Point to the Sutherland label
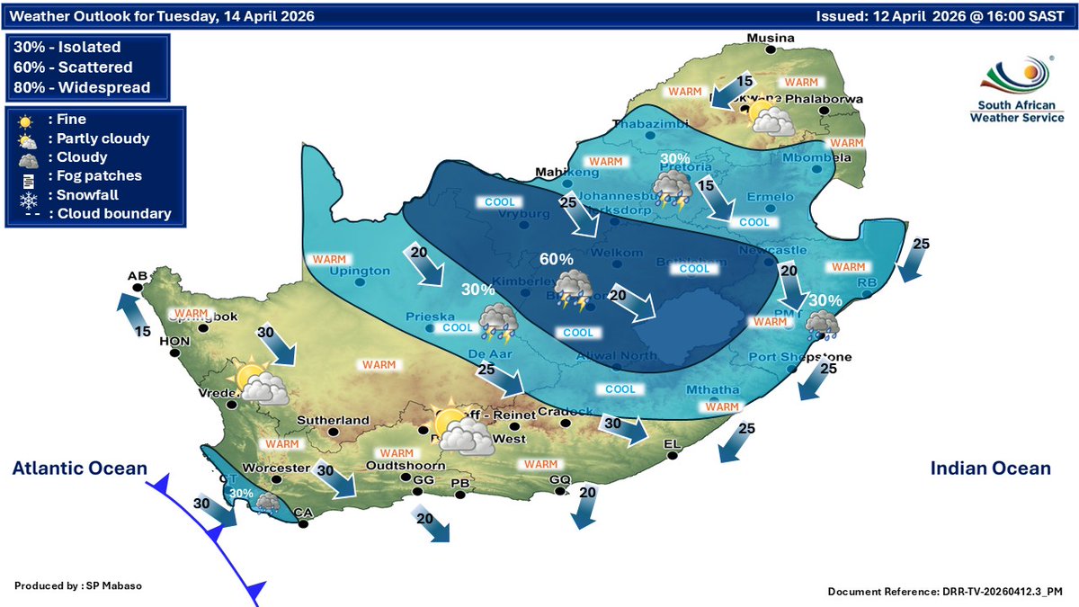point(334,420)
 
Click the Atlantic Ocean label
point(79,468)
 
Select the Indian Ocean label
point(990,468)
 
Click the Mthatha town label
point(712,390)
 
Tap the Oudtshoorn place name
point(406,466)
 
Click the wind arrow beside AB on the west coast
point(130,316)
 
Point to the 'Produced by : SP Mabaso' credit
point(79,585)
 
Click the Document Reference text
point(945,592)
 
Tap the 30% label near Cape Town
point(241,493)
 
